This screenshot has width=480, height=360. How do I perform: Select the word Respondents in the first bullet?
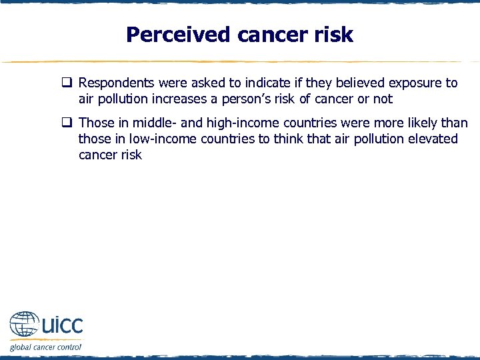[117, 83]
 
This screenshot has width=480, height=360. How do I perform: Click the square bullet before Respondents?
[67, 83]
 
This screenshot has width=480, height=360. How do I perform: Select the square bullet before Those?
[67, 123]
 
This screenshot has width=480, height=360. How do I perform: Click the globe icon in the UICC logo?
[24, 327]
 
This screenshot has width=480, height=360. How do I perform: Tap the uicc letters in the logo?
[62, 325]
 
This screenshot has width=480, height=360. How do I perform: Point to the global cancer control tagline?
[45, 347]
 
